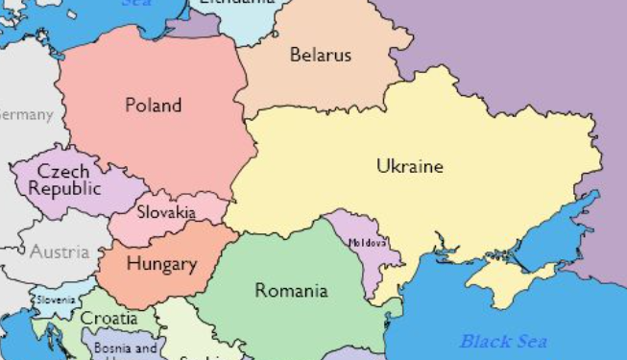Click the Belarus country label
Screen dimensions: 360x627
click(321, 55)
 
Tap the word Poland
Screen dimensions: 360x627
click(153, 105)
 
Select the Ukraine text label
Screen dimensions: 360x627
click(410, 166)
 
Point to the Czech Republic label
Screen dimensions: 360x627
click(64, 180)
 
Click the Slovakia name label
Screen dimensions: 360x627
click(166, 212)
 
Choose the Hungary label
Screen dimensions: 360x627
click(161, 264)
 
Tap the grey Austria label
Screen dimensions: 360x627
click(59, 252)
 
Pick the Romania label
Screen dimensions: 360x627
click(291, 290)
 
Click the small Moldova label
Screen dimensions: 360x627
click(368, 243)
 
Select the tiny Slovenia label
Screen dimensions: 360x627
click(56, 300)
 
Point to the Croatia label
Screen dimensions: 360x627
click(108, 319)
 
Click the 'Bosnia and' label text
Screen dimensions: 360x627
click(125, 348)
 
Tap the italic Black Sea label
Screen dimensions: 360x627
click(503, 341)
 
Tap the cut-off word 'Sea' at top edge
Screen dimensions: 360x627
click(136, 3)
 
